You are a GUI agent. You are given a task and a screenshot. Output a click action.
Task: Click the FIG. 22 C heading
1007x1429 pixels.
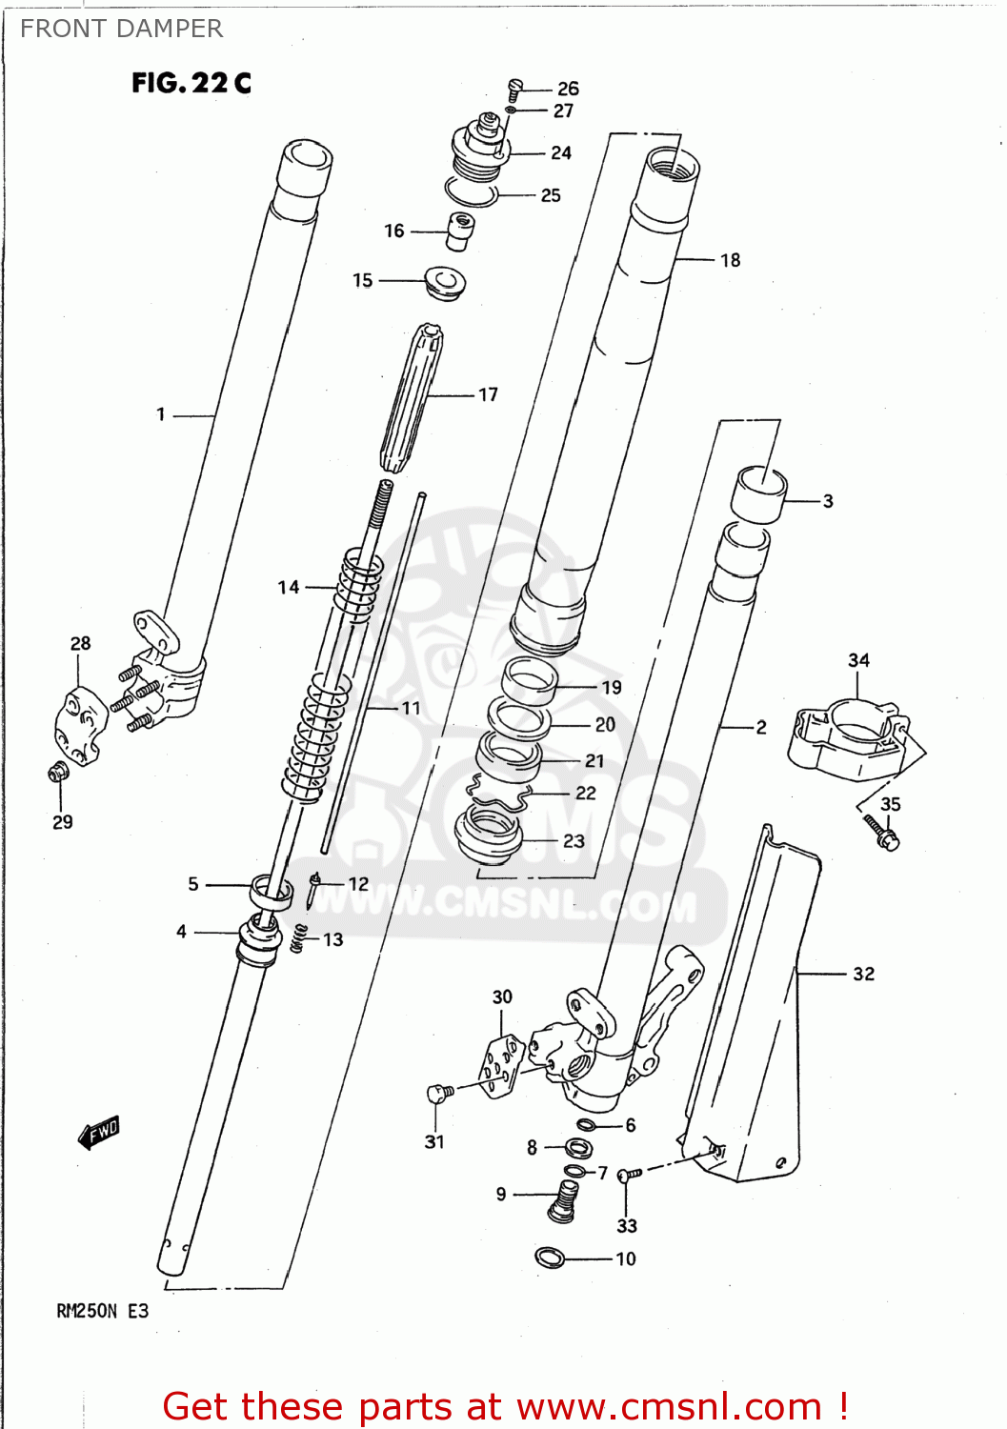[x=191, y=83]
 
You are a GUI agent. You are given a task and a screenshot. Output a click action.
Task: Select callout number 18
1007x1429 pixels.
[x=730, y=260]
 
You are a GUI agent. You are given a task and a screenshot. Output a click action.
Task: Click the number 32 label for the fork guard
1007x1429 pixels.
[x=863, y=974]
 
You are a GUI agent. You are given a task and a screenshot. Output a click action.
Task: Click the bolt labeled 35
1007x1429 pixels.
[x=883, y=834]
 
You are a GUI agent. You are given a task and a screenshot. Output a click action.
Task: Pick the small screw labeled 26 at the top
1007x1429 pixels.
[x=515, y=89]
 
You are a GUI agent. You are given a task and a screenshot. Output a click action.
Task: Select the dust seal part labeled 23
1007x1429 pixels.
[x=489, y=834]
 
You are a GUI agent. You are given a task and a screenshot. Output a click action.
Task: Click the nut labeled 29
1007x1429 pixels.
[x=59, y=773]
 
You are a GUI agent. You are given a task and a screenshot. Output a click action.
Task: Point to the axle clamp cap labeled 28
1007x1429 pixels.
[x=82, y=726]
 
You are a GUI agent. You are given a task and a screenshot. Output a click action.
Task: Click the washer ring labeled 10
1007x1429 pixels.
[x=550, y=1258]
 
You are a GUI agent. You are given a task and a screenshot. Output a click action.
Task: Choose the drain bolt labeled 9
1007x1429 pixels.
[x=564, y=1198]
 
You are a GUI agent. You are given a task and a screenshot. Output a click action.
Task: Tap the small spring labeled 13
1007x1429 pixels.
[x=299, y=938]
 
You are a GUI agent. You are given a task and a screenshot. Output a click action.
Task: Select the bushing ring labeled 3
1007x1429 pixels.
[x=758, y=494]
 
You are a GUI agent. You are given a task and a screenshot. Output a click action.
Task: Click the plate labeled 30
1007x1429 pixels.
[x=501, y=1065]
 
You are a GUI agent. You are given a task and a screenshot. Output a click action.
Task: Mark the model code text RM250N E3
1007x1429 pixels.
[x=103, y=1311]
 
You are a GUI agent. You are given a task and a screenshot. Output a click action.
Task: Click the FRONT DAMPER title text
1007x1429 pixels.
[x=121, y=29]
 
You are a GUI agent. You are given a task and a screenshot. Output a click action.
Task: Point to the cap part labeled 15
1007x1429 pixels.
[x=445, y=283]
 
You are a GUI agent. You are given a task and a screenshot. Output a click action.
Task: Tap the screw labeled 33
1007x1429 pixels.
[x=626, y=1177]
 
